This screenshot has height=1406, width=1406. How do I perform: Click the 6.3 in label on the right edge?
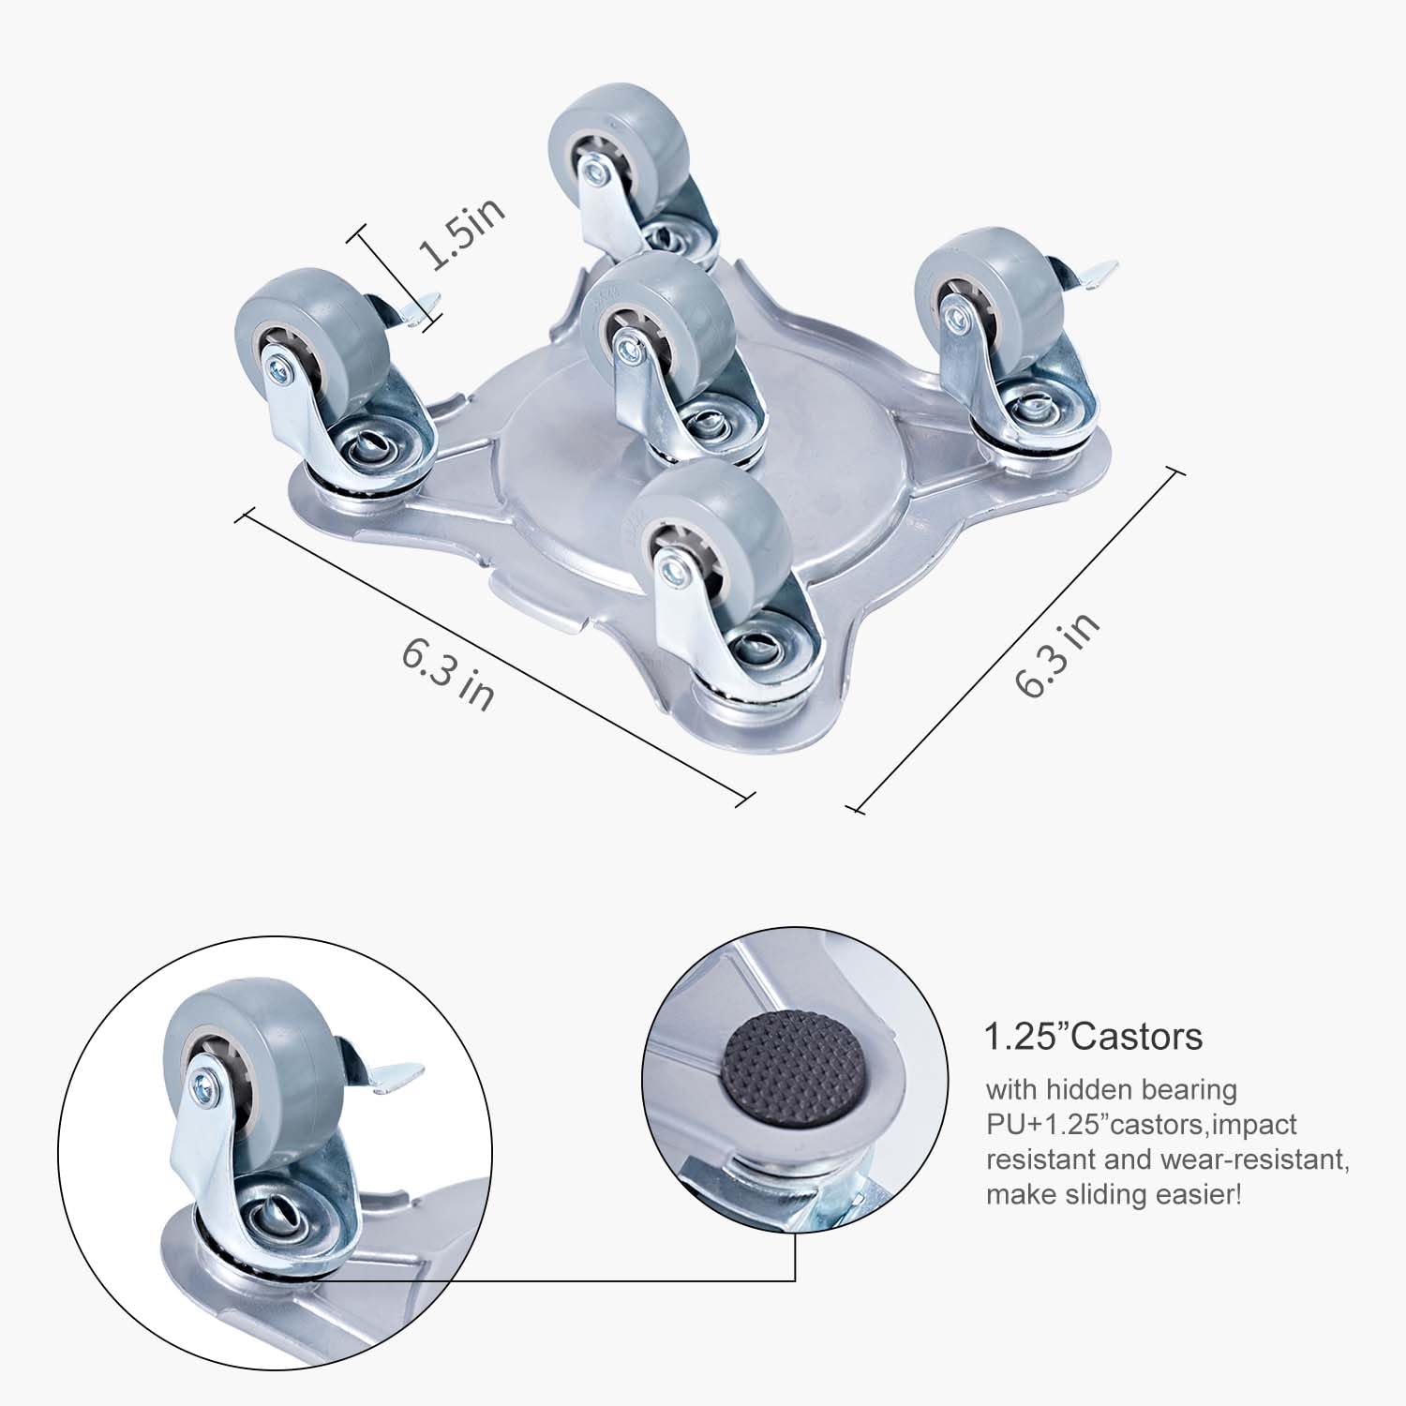(1058, 655)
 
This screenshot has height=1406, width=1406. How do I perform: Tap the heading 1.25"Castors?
(1093, 1037)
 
